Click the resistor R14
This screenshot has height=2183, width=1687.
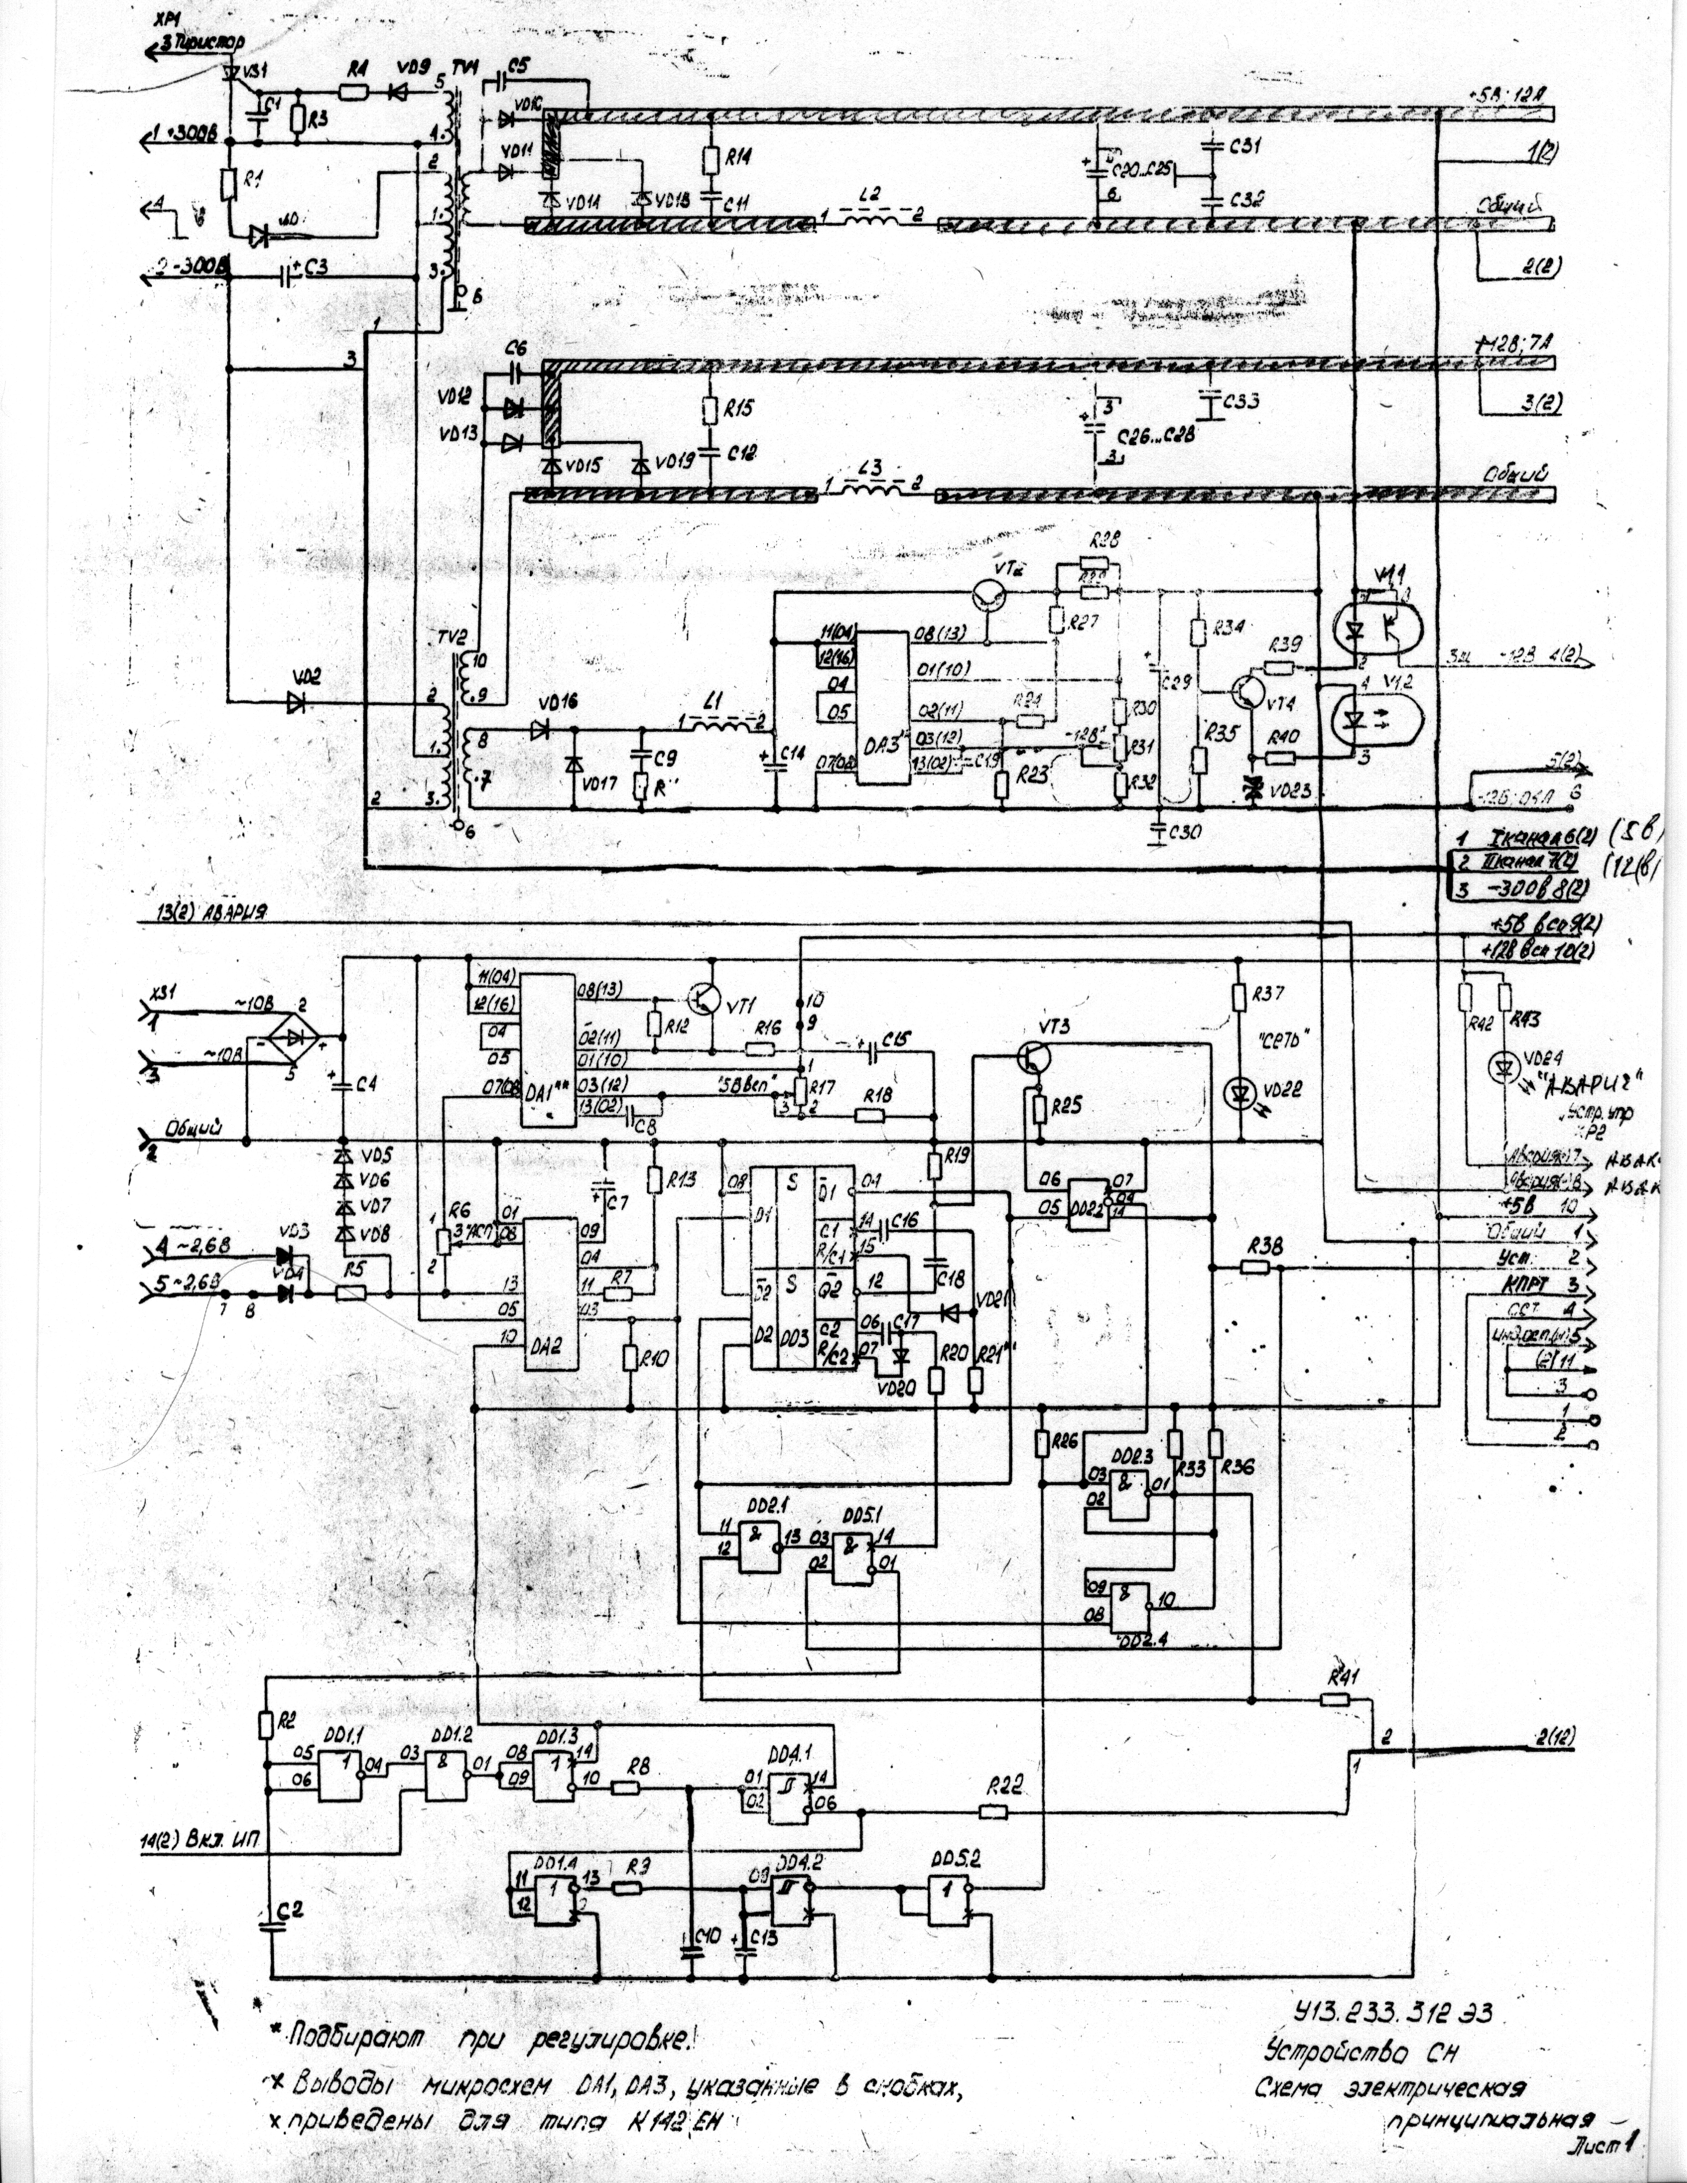pyautogui.click(x=711, y=160)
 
